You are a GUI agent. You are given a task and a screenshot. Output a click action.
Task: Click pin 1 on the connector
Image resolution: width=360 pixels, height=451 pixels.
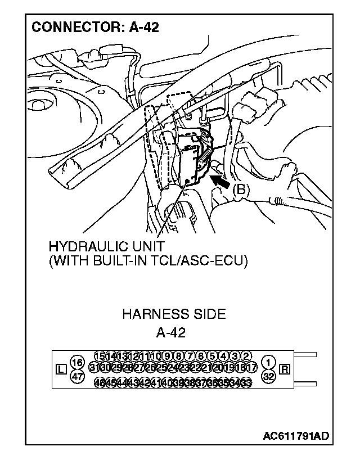click(269, 362)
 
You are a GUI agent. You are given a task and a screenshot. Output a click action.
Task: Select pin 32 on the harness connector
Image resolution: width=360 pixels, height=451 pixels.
click(269, 377)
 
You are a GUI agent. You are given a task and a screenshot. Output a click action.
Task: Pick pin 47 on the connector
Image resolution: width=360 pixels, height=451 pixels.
click(77, 377)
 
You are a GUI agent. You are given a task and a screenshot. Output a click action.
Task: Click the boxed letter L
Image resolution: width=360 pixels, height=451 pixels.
click(61, 369)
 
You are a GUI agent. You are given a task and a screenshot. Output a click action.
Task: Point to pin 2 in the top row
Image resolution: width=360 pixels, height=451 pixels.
click(246, 355)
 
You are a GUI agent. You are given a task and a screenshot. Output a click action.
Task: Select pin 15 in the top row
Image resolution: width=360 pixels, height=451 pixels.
click(100, 355)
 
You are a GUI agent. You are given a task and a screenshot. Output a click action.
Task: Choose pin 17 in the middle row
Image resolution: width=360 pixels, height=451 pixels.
click(252, 368)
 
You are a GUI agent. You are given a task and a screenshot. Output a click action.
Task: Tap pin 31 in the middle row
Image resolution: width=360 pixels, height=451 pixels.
click(94, 368)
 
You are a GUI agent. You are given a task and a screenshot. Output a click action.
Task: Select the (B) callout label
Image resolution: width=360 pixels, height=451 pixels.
click(240, 191)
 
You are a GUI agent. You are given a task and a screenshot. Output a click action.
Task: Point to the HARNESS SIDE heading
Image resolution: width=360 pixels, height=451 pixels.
click(174, 314)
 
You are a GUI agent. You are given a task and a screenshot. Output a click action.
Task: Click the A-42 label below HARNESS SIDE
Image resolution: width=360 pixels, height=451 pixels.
click(170, 332)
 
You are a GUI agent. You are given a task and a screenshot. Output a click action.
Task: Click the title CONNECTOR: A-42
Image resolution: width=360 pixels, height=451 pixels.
click(95, 27)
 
